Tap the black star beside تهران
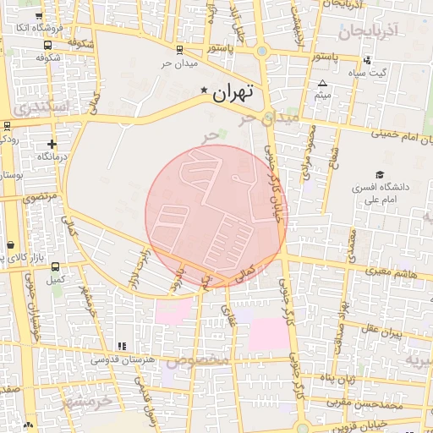[x=203, y=90]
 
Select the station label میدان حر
[x=179, y=64]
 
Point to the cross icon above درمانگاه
[x=52, y=145]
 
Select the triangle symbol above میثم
[x=322, y=84]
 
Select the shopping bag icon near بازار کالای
[x=9, y=245]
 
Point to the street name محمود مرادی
[x=308, y=152]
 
